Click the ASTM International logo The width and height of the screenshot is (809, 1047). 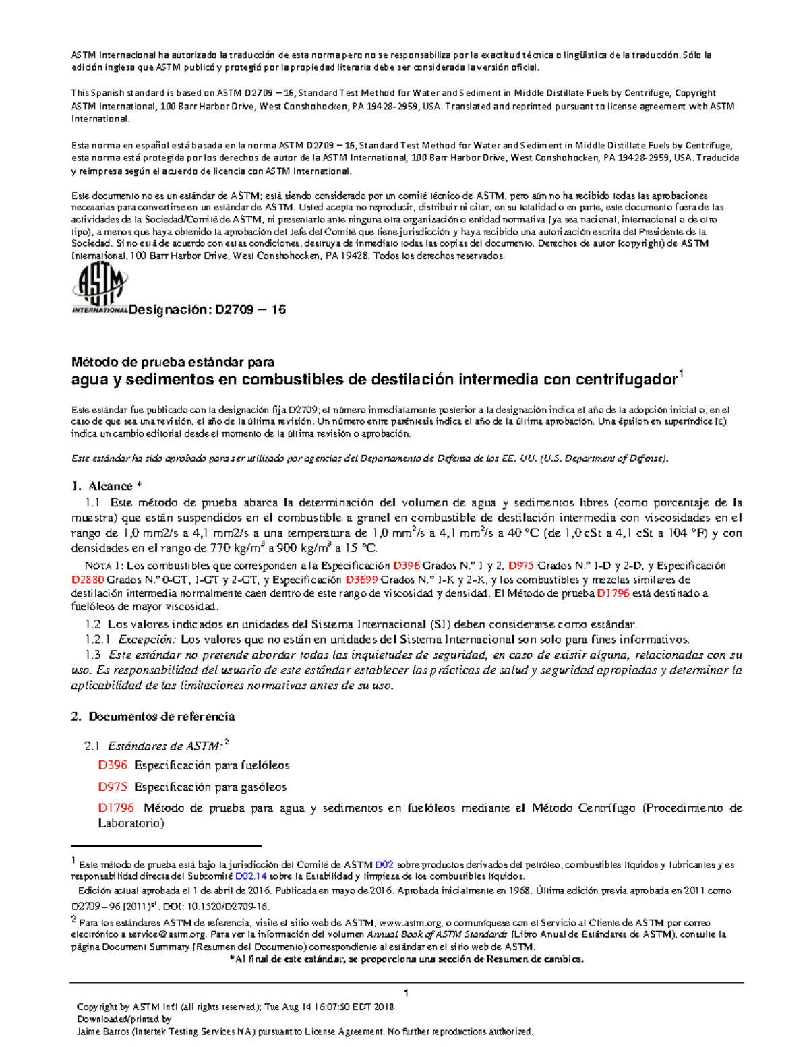point(99,289)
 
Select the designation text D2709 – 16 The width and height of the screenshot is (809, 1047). point(249,310)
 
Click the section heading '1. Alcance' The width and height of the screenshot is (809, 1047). point(107,486)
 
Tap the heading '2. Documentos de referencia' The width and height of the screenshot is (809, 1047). point(153,716)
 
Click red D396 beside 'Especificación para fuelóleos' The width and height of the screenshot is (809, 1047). point(113,765)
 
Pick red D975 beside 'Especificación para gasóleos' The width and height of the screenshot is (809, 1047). point(113,787)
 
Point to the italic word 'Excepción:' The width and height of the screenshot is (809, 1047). point(147,639)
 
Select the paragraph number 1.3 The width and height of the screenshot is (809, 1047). point(93,655)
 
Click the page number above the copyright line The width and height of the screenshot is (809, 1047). point(407,993)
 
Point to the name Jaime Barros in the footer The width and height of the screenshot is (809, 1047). point(102,1031)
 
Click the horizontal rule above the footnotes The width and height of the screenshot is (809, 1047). point(166,845)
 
